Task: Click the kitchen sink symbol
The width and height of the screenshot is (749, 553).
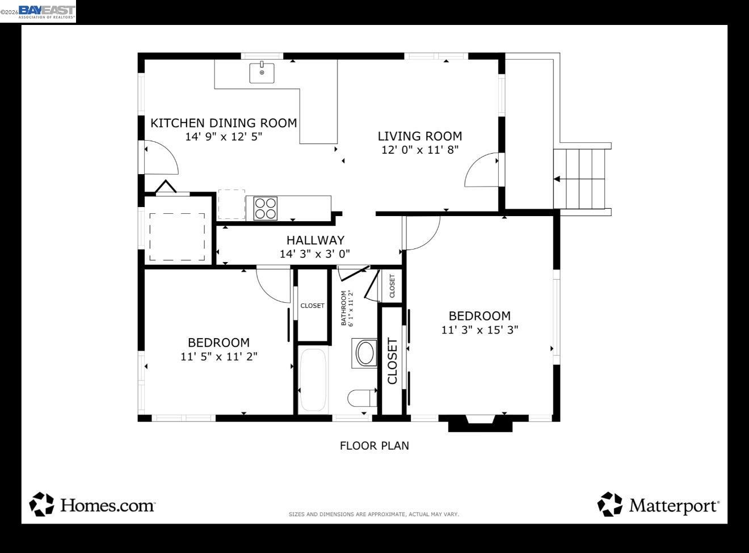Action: (x=262, y=73)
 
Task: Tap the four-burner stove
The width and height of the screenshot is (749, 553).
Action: (x=265, y=208)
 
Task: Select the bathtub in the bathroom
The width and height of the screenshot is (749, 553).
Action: (x=313, y=379)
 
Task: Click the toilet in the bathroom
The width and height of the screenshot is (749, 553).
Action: (x=361, y=398)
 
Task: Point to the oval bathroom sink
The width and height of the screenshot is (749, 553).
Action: (x=365, y=353)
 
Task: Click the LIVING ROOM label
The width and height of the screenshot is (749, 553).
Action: (x=420, y=136)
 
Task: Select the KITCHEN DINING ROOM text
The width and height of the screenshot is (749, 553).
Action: (x=224, y=123)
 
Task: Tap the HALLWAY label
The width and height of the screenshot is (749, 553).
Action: (x=315, y=240)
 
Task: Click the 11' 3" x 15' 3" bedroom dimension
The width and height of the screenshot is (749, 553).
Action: (x=479, y=330)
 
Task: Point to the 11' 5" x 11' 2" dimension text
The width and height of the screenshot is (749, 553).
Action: (x=219, y=356)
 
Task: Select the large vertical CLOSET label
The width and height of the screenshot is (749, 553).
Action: (x=392, y=361)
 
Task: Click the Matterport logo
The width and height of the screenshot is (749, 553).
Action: (x=658, y=504)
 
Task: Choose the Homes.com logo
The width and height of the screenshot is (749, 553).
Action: (x=92, y=504)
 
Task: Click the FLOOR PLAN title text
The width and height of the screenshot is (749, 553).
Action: (x=374, y=446)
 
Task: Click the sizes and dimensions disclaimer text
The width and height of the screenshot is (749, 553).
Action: (x=373, y=514)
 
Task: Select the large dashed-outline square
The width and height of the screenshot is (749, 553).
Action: (x=177, y=237)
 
